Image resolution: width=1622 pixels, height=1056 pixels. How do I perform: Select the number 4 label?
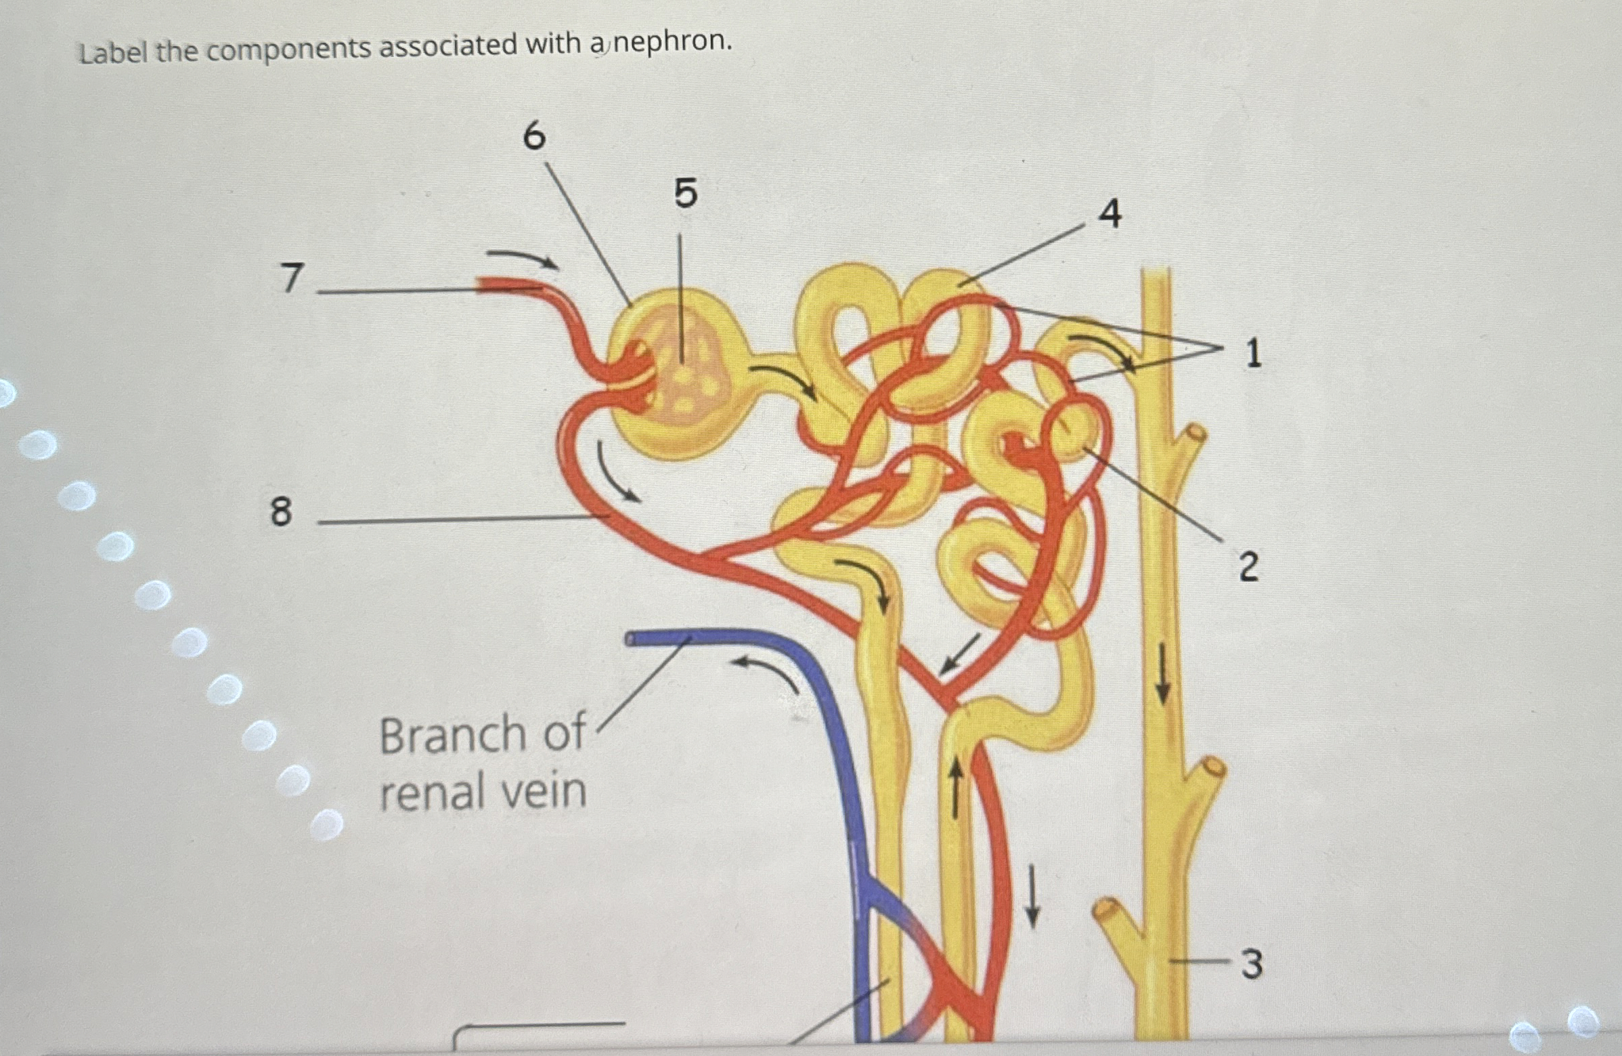pos(1110,214)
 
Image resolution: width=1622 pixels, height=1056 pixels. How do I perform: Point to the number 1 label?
pos(1252,354)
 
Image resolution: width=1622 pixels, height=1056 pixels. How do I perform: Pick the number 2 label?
pos(1248,567)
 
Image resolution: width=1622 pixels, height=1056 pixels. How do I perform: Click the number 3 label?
pos(1251,965)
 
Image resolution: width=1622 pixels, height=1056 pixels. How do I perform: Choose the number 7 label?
pos(292,278)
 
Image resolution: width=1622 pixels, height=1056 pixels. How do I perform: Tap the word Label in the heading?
pos(113,51)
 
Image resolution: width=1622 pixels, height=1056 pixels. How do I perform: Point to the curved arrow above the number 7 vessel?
pos(523,259)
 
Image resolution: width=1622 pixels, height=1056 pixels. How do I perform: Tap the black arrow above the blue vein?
pos(770,671)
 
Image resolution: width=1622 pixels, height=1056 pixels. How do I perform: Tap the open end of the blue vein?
pos(630,639)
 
